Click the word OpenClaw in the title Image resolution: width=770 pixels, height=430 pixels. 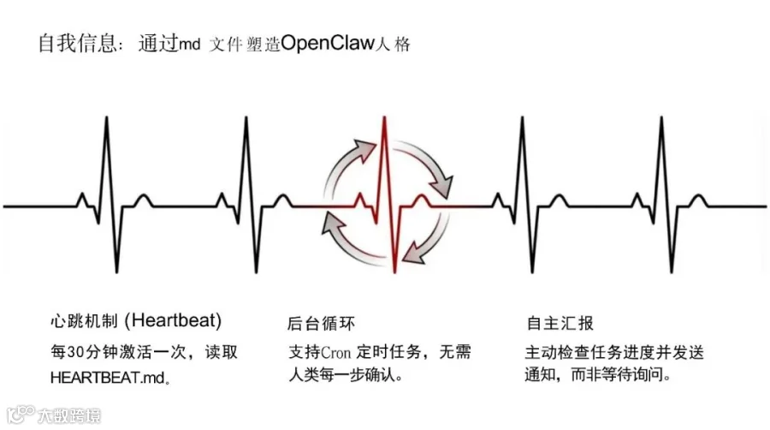coord(329,43)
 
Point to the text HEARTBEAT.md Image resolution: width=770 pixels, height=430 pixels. coord(106,376)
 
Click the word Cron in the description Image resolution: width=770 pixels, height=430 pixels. coord(337,353)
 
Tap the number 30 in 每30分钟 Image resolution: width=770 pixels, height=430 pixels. coord(75,353)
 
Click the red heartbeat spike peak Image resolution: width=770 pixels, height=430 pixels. coord(384,119)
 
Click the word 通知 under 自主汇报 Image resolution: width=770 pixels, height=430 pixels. coord(541,375)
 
